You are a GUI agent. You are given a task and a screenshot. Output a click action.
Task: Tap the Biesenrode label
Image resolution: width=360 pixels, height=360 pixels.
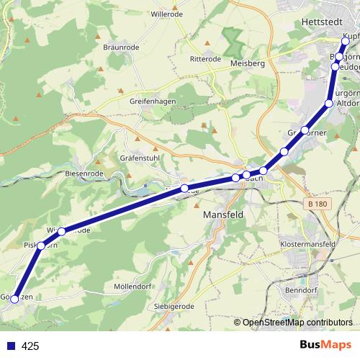pos(86,174)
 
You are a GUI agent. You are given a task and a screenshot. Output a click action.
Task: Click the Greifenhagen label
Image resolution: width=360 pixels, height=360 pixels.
pos(153,102)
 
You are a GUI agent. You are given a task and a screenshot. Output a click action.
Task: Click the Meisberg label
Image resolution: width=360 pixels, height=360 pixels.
pos(247,63)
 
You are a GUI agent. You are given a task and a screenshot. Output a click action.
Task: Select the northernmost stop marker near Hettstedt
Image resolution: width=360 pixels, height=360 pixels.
pos(346,41)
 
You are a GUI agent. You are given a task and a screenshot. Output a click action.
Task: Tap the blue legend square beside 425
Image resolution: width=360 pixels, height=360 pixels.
pos(9,346)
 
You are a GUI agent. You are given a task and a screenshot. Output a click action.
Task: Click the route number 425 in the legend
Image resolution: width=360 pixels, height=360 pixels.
pos(30,346)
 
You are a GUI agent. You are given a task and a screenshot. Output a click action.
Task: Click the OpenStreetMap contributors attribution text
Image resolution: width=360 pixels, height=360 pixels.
pos(297,322)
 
